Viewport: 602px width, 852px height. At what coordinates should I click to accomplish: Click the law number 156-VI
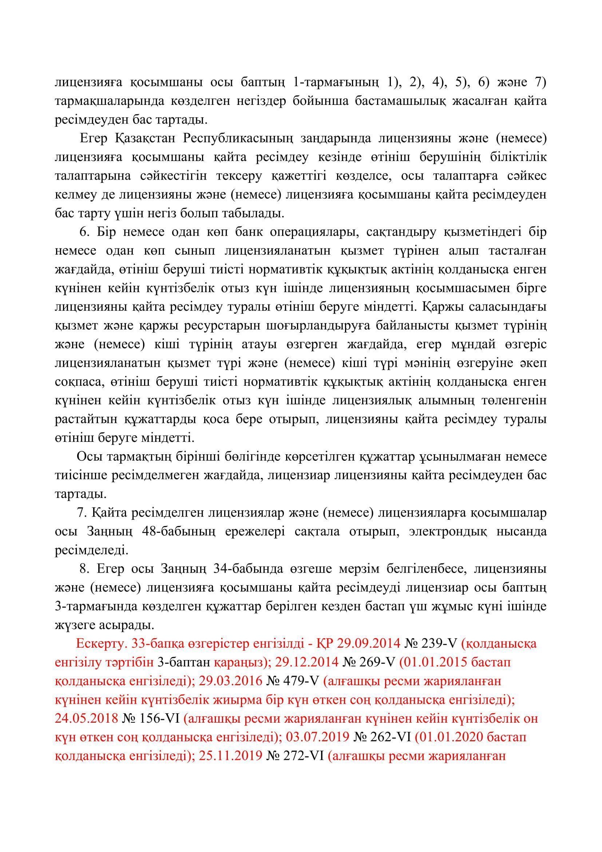161,719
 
